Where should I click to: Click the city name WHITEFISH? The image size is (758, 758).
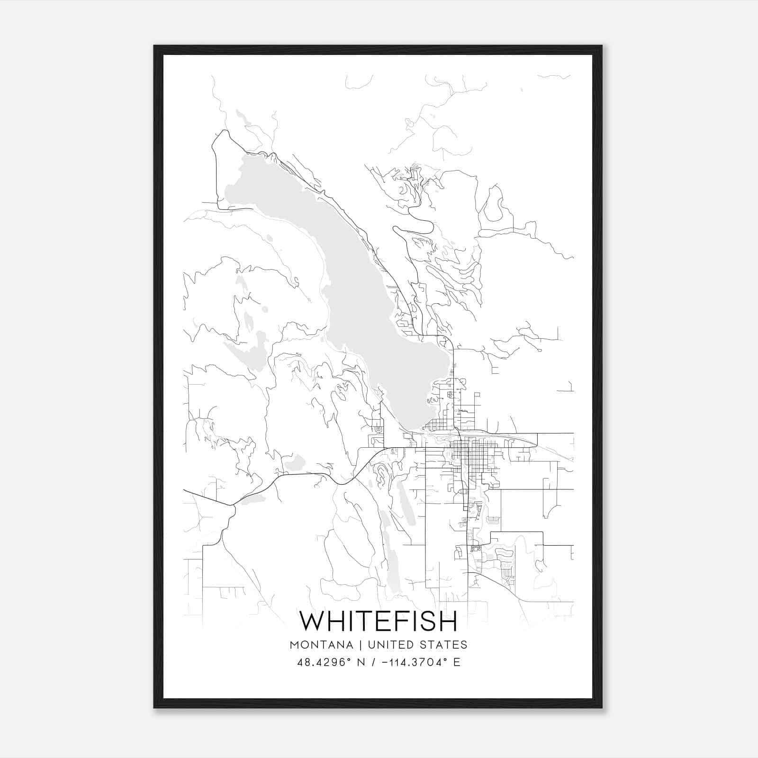379,621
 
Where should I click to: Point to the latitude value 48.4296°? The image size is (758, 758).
326,662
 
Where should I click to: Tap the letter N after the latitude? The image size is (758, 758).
361,662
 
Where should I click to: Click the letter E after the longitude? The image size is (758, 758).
457,662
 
